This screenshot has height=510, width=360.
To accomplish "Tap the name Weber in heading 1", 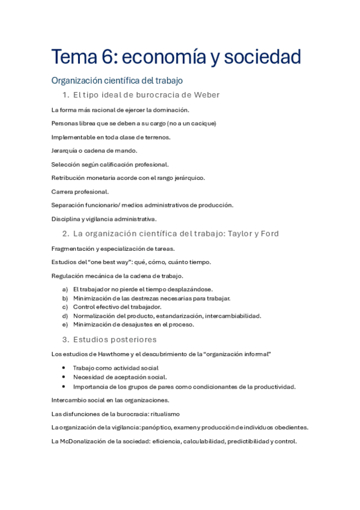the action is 206,94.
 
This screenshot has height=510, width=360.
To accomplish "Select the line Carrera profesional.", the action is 80,192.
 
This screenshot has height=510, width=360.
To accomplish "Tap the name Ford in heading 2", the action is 269,233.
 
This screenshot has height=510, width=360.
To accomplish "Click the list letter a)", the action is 65,289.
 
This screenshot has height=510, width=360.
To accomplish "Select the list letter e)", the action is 65,324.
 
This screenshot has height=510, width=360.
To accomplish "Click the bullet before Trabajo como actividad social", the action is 64,368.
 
